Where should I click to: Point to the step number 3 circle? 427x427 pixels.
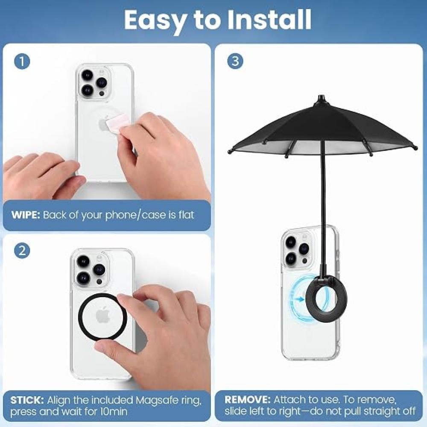(x=235, y=61)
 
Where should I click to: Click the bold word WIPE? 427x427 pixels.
(x=26, y=215)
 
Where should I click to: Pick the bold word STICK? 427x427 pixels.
(x=27, y=400)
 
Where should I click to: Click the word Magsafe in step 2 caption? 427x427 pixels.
(x=156, y=401)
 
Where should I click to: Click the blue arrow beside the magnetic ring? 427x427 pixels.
(x=298, y=299)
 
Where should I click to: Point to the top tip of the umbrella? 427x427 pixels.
(x=322, y=95)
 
